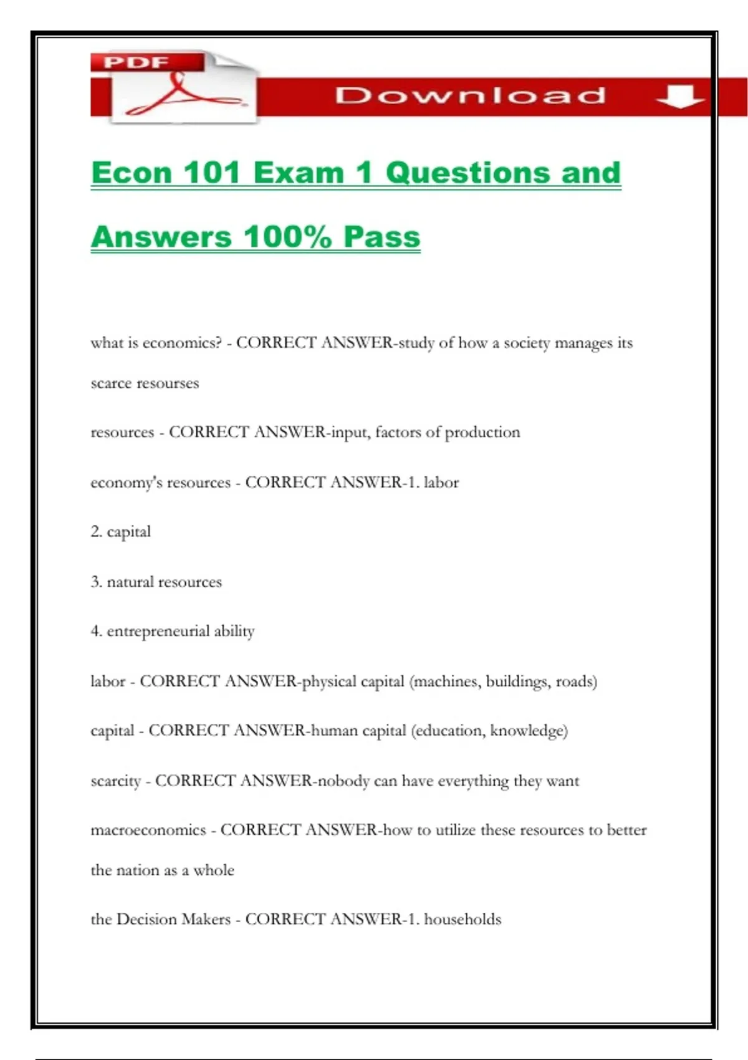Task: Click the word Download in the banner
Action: [470, 95]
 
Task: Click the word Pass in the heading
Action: [381, 237]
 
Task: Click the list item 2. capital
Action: [121, 532]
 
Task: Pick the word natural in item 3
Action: [130, 582]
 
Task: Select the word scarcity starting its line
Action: [115, 781]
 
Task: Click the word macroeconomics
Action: [148, 830]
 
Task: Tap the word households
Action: [463, 920]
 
